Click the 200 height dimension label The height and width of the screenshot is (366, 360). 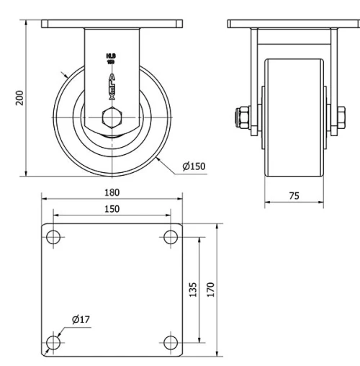(x=19, y=98)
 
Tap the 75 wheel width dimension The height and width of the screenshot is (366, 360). (x=292, y=195)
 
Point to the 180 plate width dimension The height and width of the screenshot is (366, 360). (x=112, y=192)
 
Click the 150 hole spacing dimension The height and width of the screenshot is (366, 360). (x=112, y=208)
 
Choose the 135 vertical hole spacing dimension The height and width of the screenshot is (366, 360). (x=193, y=289)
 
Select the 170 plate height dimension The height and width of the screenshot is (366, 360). (x=210, y=289)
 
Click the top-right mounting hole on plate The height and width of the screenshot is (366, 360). (x=171, y=236)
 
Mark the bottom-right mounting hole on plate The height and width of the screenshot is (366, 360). (x=171, y=342)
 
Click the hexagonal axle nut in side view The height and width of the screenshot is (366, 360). (x=112, y=118)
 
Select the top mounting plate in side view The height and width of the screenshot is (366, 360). (x=112, y=24)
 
